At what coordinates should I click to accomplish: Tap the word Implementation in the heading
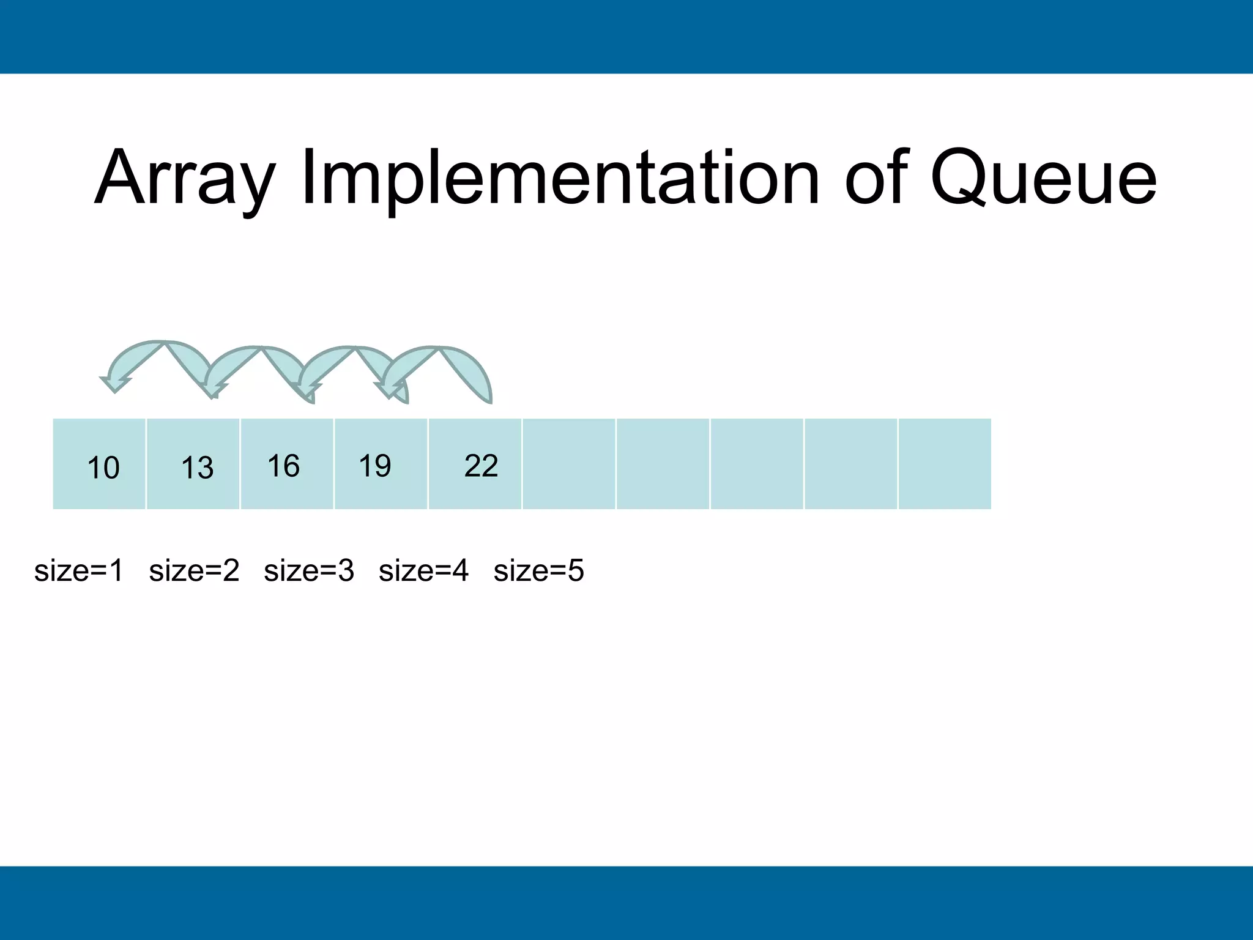pyautogui.click(x=560, y=179)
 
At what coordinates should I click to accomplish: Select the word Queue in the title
pyautogui.click(x=1043, y=179)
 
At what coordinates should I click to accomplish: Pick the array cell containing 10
pyautogui.click(x=100, y=464)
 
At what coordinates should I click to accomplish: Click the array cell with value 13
pyautogui.click(x=193, y=464)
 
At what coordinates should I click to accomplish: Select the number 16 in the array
pyautogui.click(x=284, y=466)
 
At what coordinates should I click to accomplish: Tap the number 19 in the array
pyautogui.click(x=375, y=466)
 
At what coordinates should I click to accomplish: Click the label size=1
pyautogui.click(x=79, y=571)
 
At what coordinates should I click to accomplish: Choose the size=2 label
pyautogui.click(x=194, y=571)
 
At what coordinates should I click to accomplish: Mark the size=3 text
pyautogui.click(x=309, y=571)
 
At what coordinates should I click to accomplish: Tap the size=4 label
pyautogui.click(x=423, y=571)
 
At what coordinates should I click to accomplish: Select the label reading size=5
pyautogui.click(x=538, y=571)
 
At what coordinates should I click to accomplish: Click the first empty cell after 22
pyautogui.click(x=569, y=464)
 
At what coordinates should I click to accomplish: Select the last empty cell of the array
pyautogui.click(x=945, y=464)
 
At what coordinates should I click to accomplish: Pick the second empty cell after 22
pyautogui.click(x=663, y=464)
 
